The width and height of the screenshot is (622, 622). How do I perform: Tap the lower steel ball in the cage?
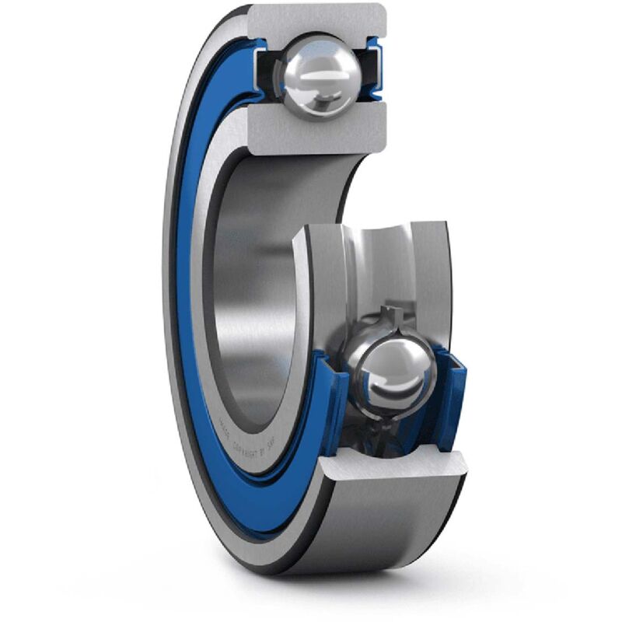[390, 371]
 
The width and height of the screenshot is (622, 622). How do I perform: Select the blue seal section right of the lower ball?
[451, 397]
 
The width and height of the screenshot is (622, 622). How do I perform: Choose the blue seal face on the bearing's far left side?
[183, 311]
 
